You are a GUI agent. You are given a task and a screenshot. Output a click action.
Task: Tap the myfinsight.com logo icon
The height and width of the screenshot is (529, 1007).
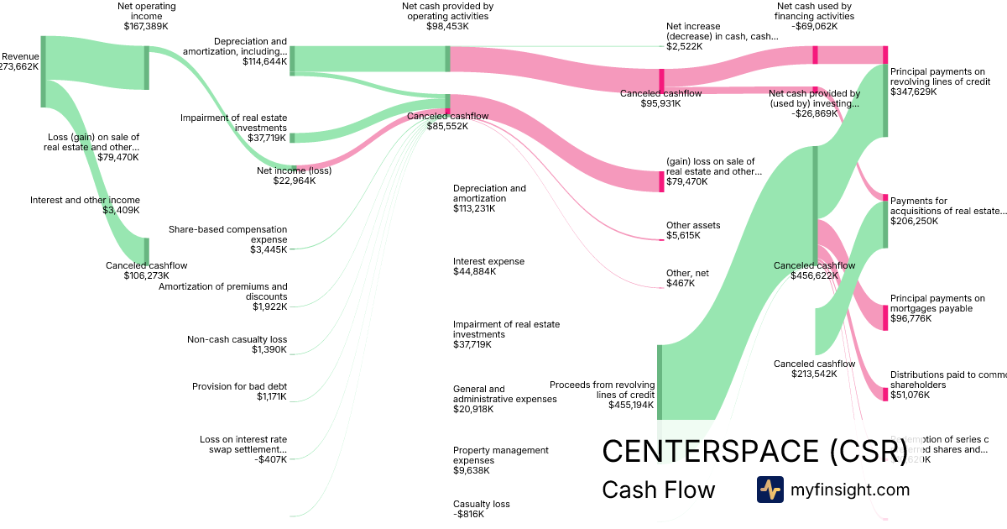coord(770,490)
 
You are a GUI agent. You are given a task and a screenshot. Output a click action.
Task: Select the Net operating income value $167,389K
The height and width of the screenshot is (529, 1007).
coord(147,27)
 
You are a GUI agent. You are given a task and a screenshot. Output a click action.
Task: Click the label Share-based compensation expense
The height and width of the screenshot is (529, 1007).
coord(227,234)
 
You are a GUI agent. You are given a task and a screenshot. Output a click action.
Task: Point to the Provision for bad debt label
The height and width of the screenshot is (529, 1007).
coord(239,386)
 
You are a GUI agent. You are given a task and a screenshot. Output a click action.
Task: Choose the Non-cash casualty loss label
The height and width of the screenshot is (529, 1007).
coord(237,339)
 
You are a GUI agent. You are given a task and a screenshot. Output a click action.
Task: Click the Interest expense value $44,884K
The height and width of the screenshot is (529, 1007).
coord(473,272)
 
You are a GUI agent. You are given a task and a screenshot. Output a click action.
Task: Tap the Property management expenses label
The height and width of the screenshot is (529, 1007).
coord(501,455)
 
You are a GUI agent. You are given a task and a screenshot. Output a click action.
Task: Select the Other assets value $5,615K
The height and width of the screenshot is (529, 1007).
coord(683,236)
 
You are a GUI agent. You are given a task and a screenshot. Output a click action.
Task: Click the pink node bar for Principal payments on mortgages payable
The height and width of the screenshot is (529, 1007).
coord(884,317)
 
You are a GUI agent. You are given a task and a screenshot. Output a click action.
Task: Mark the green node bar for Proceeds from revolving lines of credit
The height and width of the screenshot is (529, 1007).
coord(660,381)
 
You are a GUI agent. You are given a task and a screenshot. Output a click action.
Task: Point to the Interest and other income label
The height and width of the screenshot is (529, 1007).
coord(85,200)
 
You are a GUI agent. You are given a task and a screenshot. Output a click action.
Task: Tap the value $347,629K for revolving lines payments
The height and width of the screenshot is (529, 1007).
coord(914,92)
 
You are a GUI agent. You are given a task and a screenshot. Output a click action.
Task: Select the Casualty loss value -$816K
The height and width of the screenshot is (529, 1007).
coord(468,515)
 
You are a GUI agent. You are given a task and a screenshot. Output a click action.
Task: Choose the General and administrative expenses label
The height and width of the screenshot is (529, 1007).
coord(504,394)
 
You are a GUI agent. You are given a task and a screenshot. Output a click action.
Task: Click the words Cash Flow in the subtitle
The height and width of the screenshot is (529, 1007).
coord(658,490)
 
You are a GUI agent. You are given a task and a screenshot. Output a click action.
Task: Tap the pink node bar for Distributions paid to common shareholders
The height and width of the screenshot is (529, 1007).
coord(884,394)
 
